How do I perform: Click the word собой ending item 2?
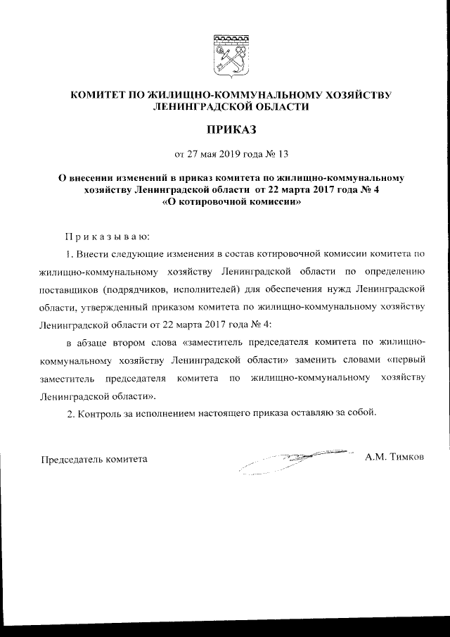coord(362,413)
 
